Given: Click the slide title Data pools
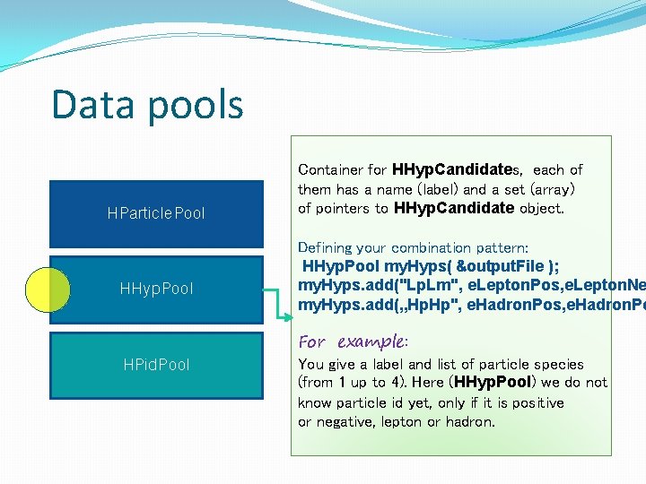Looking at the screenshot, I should click(147, 104).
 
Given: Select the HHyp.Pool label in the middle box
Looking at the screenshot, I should click(156, 289).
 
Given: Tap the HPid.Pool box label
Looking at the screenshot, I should click(156, 365).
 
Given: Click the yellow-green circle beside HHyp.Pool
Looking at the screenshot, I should click(48, 289).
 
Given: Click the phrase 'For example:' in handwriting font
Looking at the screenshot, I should click(353, 341).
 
